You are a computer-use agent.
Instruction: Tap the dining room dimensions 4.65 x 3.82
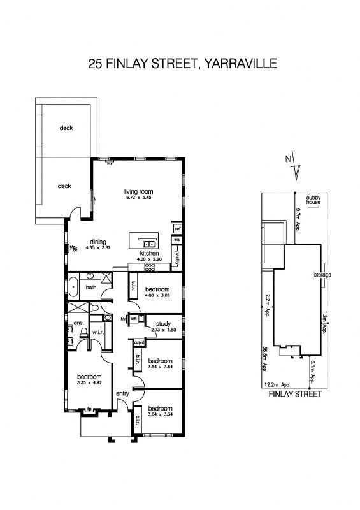pos(99,247)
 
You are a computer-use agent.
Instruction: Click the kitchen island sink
pos(149,243)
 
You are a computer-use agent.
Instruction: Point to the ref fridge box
pos(178,228)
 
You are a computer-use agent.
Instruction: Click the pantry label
pos(177,257)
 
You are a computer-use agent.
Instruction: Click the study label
pos(162,324)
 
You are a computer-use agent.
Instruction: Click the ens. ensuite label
pos(71,323)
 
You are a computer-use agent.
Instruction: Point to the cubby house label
pos(313,200)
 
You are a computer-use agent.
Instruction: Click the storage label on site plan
pos(322,275)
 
